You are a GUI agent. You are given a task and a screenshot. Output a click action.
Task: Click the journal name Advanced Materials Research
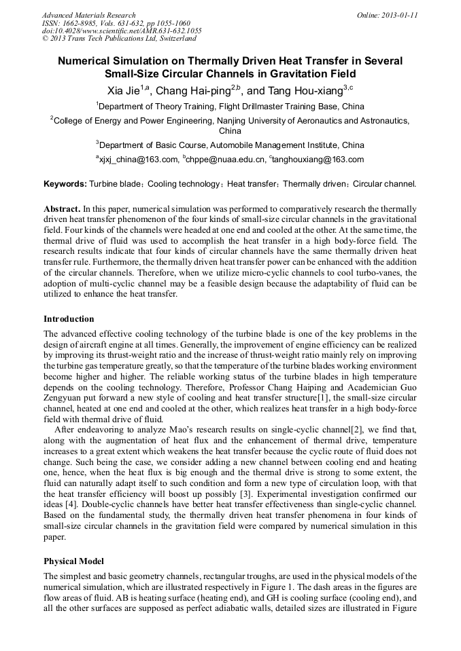point(88,15)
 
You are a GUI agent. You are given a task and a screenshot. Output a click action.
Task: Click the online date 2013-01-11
point(399,15)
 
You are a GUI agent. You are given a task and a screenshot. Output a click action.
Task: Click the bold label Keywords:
point(65,184)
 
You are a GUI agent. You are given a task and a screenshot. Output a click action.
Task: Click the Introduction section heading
point(69,319)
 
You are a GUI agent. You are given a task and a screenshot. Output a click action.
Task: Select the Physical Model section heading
point(73,562)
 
